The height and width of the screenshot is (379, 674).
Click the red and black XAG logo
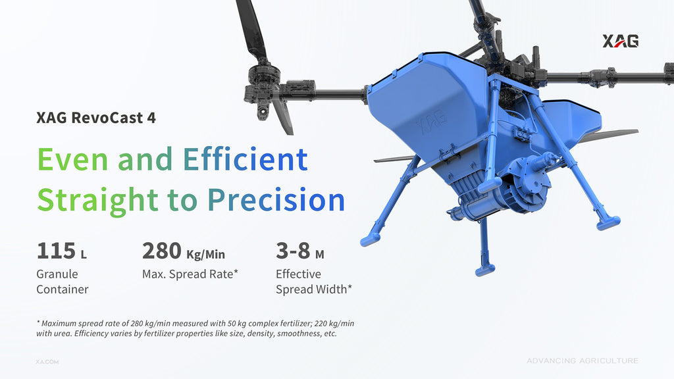click(620, 41)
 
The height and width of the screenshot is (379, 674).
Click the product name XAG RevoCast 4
click(96, 118)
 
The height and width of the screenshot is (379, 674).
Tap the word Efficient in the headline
click(246, 159)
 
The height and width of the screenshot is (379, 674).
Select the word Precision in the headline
click(276, 200)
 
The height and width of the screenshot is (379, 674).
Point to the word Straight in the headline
click(97, 201)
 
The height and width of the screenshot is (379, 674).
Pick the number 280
click(162, 251)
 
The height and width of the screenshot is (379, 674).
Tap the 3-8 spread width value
click(293, 251)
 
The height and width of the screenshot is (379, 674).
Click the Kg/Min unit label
click(205, 255)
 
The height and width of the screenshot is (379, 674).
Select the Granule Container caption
click(63, 282)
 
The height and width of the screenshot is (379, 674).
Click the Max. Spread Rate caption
click(190, 274)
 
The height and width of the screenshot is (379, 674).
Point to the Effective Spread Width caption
click(314, 282)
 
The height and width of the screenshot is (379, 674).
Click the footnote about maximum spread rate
click(195, 328)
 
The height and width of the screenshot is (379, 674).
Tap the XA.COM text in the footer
click(47, 362)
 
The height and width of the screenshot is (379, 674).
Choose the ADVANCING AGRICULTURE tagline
click(583, 361)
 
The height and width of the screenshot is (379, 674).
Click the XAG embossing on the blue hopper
click(432, 121)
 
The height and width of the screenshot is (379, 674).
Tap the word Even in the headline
click(72, 159)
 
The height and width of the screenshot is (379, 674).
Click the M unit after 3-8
click(319, 255)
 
